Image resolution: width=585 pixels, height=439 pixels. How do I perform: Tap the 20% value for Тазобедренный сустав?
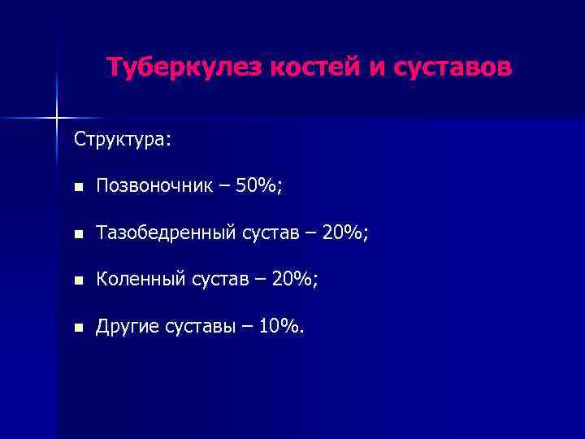(344, 234)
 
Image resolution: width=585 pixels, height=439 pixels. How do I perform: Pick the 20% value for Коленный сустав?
(294, 280)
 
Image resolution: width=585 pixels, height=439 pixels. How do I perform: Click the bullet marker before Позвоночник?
(78, 188)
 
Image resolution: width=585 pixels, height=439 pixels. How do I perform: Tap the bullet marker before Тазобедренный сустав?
(78, 235)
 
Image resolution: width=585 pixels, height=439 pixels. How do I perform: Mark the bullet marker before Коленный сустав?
(78, 281)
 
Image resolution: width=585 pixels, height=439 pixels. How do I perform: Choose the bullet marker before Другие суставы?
(78, 328)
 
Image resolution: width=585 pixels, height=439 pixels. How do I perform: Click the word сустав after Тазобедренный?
(271, 234)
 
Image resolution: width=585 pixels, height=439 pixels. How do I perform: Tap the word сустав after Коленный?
(221, 280)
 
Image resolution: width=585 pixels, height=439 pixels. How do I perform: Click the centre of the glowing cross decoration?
(57, 118)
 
